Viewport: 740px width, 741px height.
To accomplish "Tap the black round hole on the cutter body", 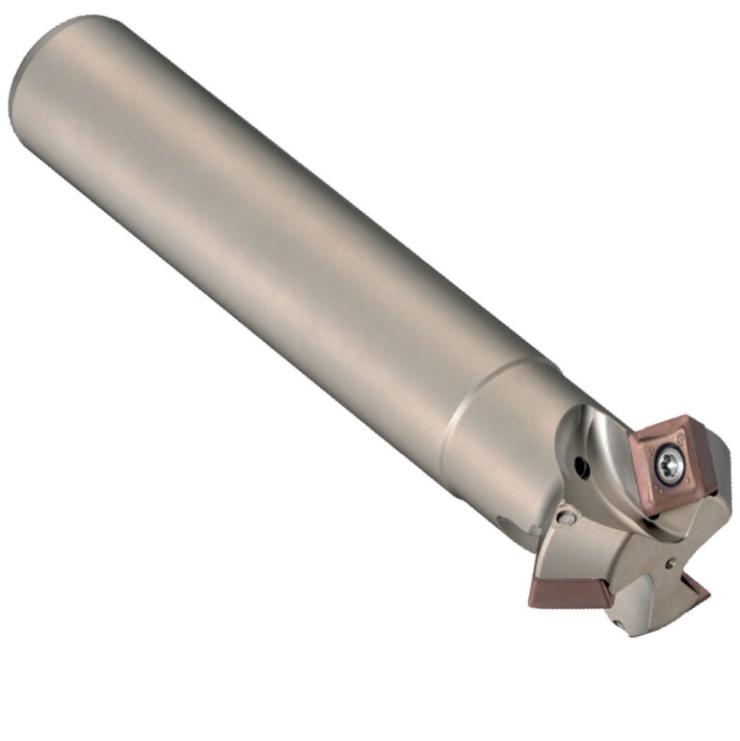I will (580, 468).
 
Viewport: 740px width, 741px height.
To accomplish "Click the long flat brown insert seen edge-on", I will (560, 592).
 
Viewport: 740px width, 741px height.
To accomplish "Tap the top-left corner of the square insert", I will (633, 439).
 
